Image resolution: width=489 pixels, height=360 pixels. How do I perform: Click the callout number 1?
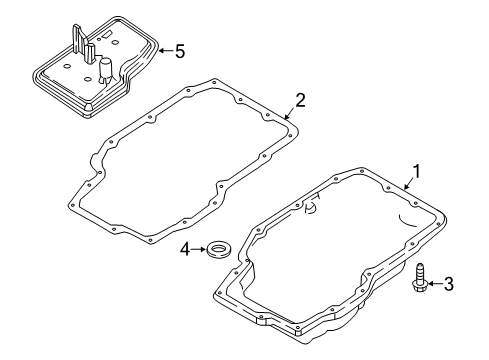(x=418, y=171)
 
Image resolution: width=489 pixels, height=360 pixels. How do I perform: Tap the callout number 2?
(x=298, y=99)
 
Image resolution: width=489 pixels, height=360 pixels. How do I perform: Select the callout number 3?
(x=448, y=285)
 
